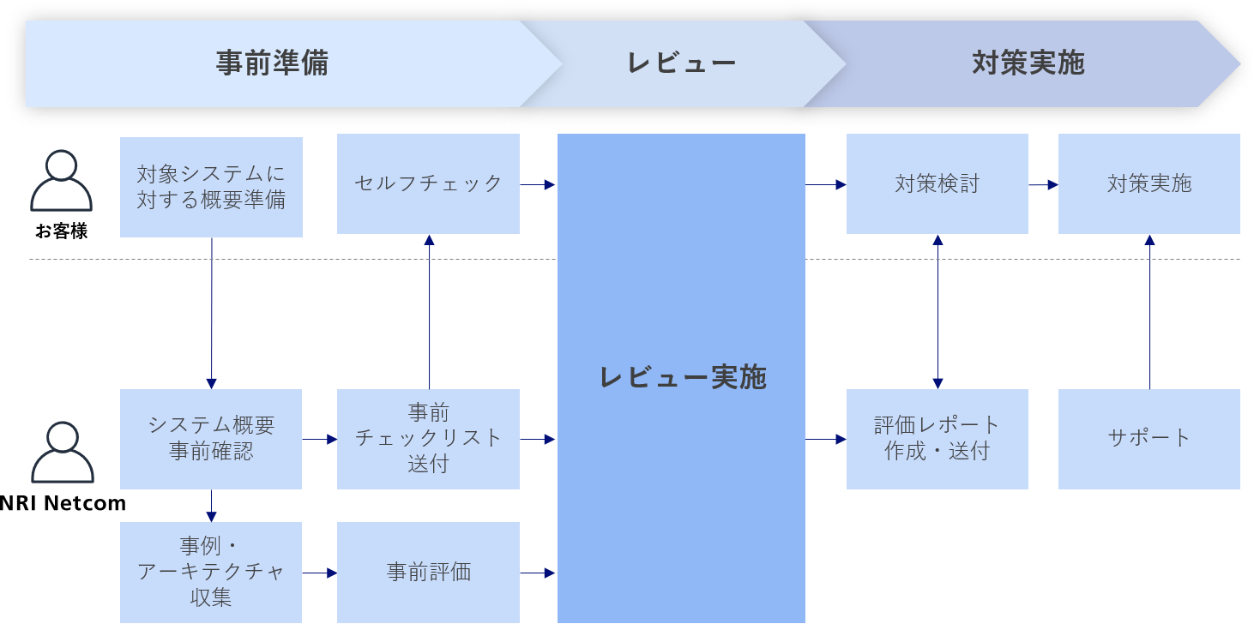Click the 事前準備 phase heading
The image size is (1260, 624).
click(x=272, y=63)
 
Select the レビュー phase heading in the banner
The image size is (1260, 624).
click(x=682, y=63)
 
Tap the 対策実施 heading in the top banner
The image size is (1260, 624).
click(x=1028, y=63)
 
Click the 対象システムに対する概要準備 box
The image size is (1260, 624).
click(x=211, y=187)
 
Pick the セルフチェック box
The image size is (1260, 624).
click(x=428, y=183)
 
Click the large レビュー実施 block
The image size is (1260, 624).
click(x=682, y=378)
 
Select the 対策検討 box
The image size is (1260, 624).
click(x=937, y=183)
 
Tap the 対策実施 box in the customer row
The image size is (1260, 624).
click(x=1148, y=183)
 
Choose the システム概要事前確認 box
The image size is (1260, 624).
click(x=211, y=439)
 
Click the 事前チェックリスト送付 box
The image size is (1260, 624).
click(x=428, y=439)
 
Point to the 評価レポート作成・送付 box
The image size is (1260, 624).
click(x=937, y=439)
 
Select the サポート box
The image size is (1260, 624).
click(x=1148, y=439)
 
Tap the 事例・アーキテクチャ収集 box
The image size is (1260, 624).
click(x=211, y=572)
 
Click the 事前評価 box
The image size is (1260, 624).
click(x=428, y=572)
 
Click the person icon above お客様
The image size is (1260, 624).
click(x=61, y=180)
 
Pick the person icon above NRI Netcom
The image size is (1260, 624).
click(x=62, y=453)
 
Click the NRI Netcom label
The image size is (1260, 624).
click(x=63, y=503)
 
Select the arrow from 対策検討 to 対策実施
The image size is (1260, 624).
click(x=1043, y=184)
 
